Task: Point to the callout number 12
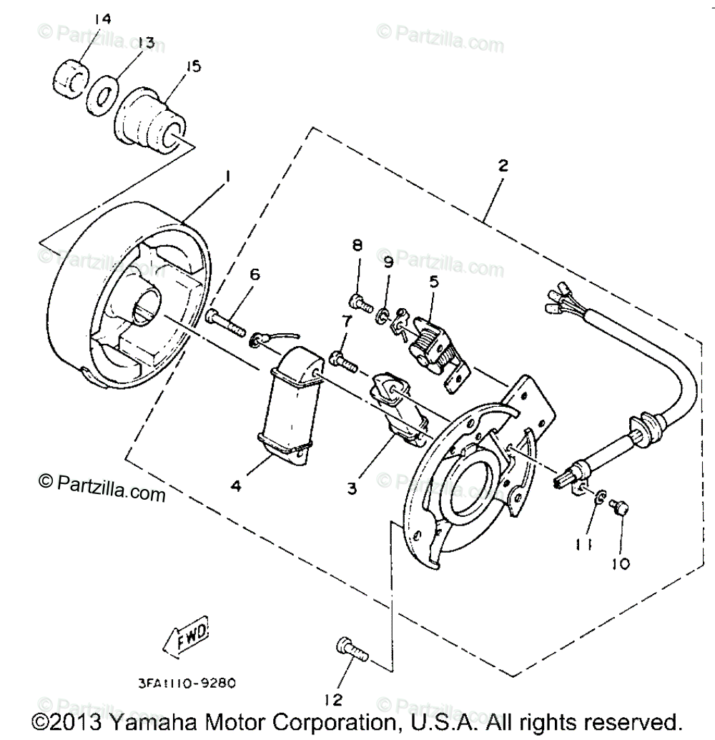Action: [x=334, y=699]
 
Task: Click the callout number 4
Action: [x=235, y=485]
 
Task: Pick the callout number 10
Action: [x=621, y=563]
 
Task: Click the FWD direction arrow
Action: [x=184, y=633]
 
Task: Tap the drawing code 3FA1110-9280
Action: [x=187, y=683]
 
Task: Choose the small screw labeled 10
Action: [x=619, y=508]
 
